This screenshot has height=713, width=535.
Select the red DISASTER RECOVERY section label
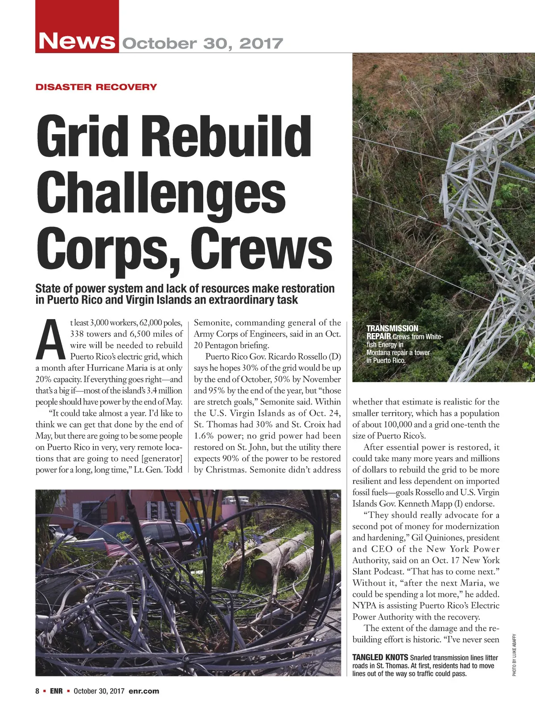96,87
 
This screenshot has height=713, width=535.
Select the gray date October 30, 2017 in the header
202,44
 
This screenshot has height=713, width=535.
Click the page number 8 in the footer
37,691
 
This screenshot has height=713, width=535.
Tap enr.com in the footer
144,691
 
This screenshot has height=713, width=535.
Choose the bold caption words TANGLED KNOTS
380,657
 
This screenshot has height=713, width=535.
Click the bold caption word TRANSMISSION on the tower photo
392,328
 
